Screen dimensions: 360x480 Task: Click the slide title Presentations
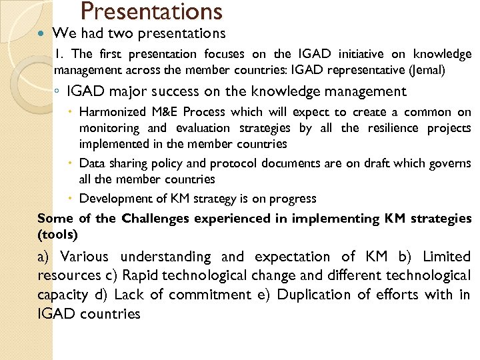tap(151, 11)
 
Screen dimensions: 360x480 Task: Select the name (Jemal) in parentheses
tap(445, 69)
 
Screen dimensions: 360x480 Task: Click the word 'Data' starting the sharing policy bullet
tap(91, 163)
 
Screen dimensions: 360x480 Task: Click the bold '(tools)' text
tap(58, 234)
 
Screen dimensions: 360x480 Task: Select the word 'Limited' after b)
tap(446, 257)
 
